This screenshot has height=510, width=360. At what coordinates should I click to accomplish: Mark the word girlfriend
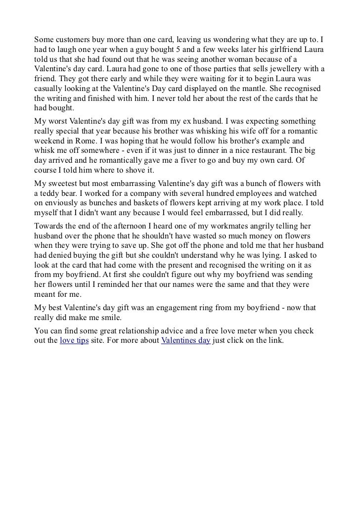coord(284,48)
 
